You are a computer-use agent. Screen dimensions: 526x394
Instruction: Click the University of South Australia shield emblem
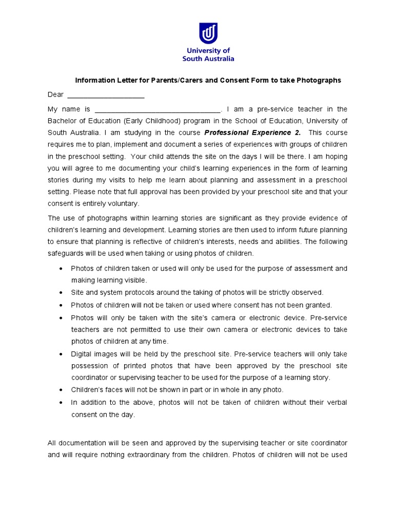tap(208, 33)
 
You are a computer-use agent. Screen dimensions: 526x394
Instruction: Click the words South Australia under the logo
tap(208, 59)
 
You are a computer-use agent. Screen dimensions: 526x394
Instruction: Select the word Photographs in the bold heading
tap(321, 80)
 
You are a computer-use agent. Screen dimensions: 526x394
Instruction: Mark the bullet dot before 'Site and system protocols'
tap(62, 292)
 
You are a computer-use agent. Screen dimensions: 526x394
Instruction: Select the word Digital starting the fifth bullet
tap(82, 354)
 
